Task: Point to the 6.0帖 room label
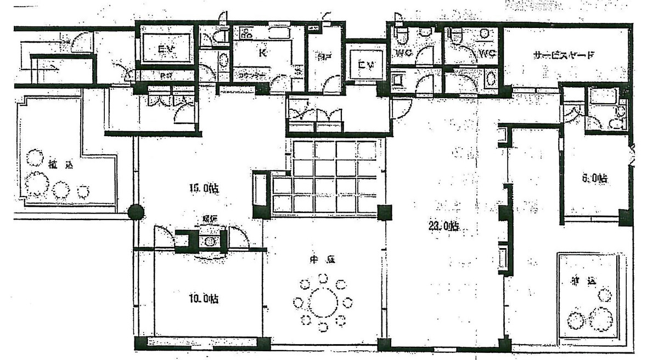coord(594,178)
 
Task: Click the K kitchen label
coord(262,53)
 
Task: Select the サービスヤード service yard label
coord(564,55)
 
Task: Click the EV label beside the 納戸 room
coord(365,65)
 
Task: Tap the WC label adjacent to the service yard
coord(486,53)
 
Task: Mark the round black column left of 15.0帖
coord(136,212)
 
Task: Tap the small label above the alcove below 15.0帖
coord(210,220)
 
